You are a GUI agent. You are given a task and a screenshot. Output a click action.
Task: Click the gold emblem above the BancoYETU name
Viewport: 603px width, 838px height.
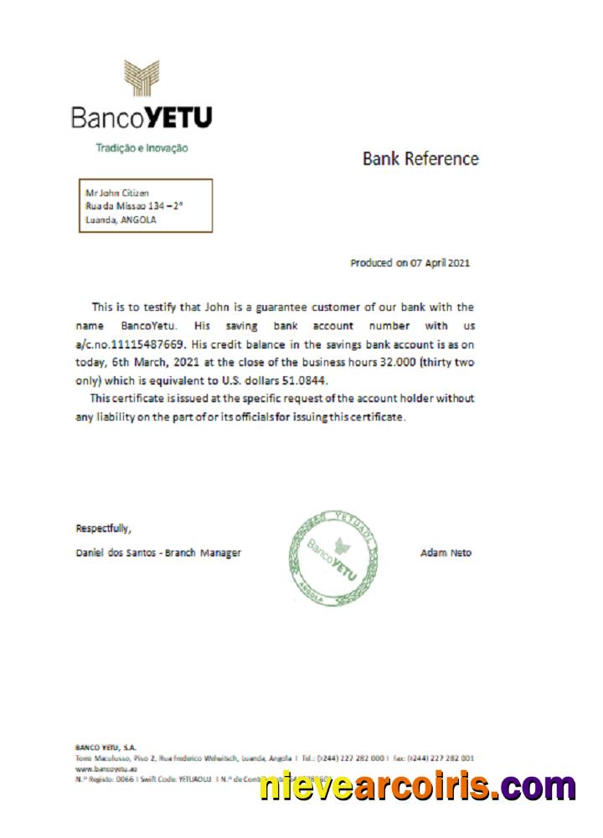click(142, 79)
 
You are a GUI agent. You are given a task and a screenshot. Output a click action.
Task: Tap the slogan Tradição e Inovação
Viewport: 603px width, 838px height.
click(142, 148)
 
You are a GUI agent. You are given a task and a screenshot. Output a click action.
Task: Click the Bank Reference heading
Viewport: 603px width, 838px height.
click(420, 158)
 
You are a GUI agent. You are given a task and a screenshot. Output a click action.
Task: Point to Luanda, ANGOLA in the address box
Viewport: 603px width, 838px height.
click(121, 220)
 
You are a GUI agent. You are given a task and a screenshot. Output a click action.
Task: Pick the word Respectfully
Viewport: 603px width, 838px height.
click(103, 528)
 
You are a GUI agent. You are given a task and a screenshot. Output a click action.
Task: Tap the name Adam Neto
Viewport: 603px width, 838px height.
click(446, 553)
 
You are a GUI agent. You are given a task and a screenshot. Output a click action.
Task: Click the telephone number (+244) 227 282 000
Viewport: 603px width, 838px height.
click(349, 757)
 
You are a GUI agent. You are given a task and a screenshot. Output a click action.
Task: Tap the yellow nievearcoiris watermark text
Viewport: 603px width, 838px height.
click(417, 786)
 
